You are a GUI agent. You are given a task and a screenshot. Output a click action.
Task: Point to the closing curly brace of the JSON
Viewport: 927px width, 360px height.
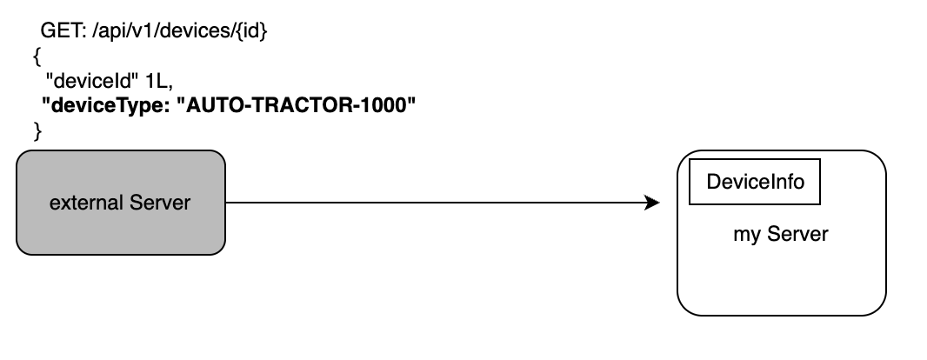37,130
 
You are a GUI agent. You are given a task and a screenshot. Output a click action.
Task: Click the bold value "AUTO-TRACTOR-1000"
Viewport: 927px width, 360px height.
297,106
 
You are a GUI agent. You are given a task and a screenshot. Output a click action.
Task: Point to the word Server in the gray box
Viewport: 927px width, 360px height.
159,203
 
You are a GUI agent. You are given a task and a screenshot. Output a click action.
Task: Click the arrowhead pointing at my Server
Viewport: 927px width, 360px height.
652,203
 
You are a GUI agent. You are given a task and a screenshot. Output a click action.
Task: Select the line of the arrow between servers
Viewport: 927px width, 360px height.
435,203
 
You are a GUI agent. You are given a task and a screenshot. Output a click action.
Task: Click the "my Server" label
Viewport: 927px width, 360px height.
781,235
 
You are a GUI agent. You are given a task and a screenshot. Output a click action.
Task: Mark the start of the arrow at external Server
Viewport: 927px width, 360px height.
228,203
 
